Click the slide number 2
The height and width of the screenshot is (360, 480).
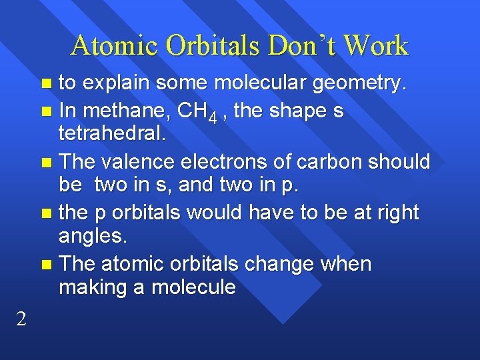pyautogui.click(x=21, y=319)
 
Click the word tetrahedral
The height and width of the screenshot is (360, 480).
pyautogui.click(x=111, y=135)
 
